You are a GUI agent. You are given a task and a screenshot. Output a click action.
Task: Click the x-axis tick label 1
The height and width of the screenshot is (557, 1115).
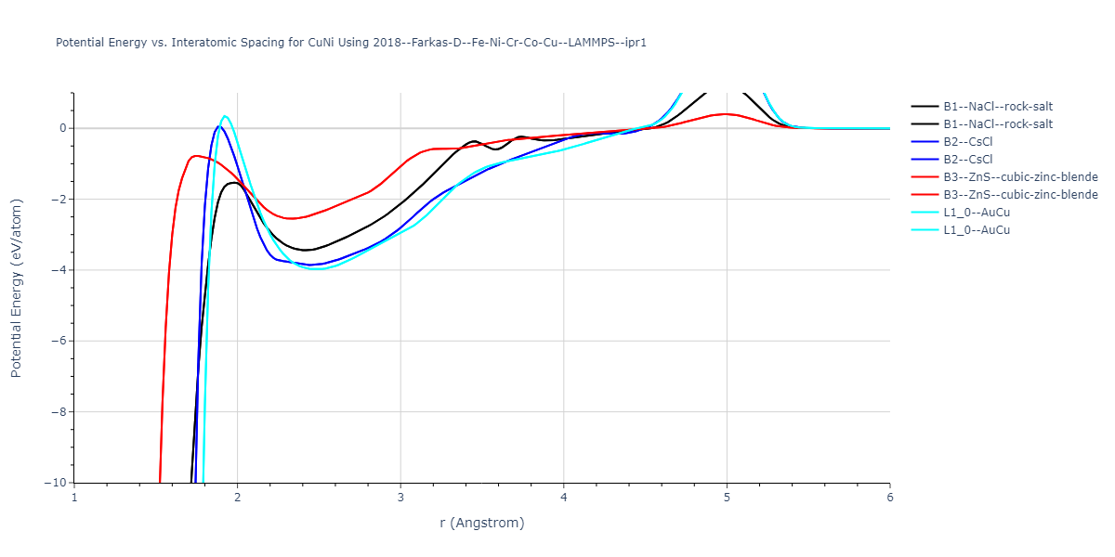click(74, 497)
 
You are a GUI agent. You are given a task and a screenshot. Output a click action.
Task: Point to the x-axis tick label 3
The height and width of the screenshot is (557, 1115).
click(400, 497)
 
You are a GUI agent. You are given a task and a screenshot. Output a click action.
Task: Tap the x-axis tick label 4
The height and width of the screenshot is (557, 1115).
click(564, 497)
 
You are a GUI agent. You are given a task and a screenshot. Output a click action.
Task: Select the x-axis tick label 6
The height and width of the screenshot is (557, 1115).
click(889, 497)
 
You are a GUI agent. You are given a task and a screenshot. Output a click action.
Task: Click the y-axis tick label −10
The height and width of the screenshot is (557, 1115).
click(55, 483)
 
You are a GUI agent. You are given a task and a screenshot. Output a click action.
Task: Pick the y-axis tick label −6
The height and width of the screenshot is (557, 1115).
click(59, 341)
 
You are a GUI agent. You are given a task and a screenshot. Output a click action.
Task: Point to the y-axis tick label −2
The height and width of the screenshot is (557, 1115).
click(59, 199)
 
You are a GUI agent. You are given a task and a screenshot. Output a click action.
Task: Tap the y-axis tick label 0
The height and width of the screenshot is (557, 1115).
click(62, 128)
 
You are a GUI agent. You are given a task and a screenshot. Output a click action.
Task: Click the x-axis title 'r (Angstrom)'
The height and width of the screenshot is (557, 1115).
click(482, 523)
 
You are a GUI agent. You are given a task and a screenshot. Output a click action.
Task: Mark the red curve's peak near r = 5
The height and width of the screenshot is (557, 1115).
click(726, 114)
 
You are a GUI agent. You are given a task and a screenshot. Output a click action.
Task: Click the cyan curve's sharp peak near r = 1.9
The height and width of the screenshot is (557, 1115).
click(225, 116)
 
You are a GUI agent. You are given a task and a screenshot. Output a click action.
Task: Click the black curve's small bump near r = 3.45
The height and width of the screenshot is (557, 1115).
click(474, 141)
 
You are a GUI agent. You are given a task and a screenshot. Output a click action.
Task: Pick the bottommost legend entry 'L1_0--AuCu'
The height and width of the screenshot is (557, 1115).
click(977, 230)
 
